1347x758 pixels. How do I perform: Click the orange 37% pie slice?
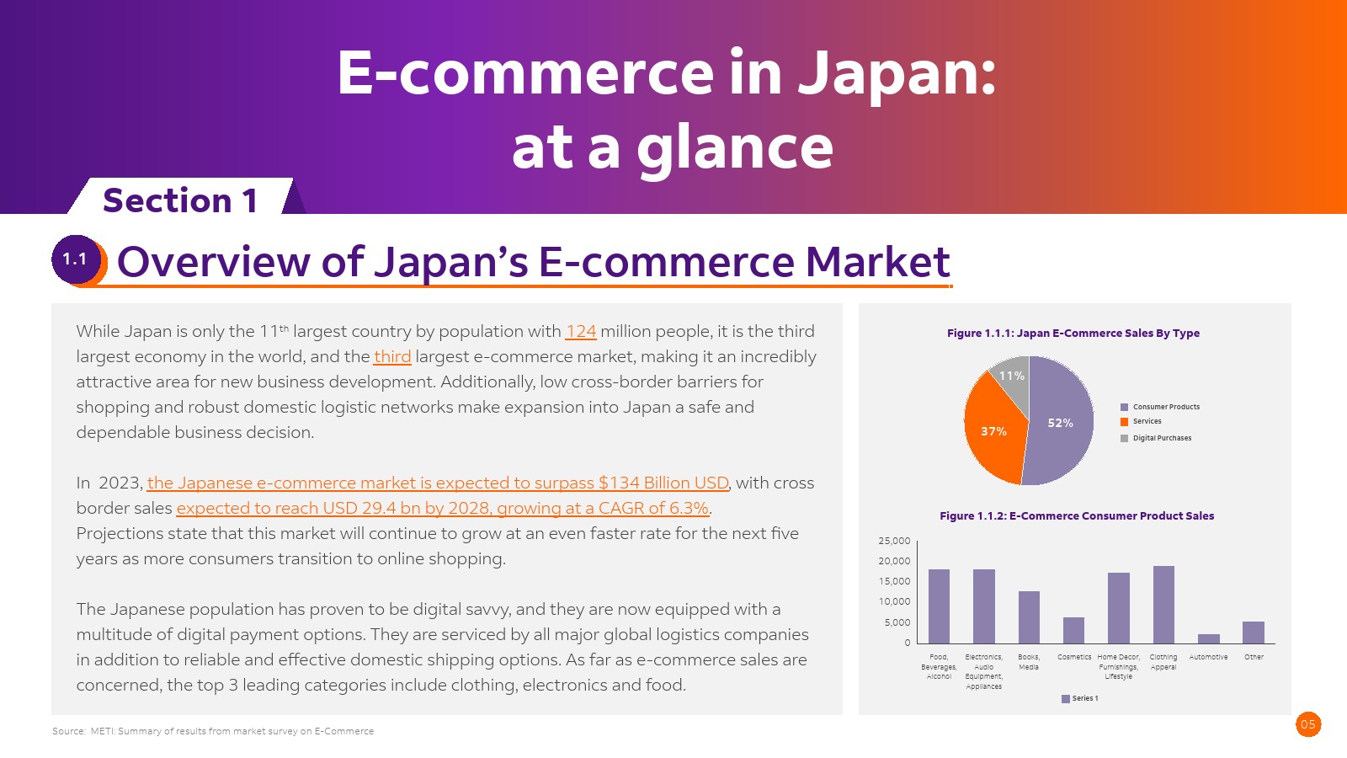pos(993,430)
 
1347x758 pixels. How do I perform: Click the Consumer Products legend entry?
pos(1160,407)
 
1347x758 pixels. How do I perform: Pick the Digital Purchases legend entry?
pos(1156,438)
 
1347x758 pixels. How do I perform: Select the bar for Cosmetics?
pos(1073,630)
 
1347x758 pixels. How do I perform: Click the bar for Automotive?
pos(1209,638)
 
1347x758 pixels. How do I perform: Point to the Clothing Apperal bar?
pos(1163,605)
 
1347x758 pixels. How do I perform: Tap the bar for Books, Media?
pos(1029,617)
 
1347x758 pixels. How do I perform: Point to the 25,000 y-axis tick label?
pos(894,541)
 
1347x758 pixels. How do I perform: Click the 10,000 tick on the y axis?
pos(894,601)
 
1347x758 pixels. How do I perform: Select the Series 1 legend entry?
pos(1080,698)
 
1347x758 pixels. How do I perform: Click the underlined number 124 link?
pos(580,332)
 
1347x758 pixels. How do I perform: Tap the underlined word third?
pos(392,357)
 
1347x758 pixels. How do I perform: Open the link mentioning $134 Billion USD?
pos(438,483)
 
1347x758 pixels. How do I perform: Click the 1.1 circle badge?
pos(75,260)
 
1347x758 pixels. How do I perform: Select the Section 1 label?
pos(180,200)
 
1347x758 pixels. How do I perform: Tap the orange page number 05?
pos(1308,724)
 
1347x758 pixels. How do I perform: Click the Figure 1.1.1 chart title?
pos(1073,333)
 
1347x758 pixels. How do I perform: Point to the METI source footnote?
pos(213,731)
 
